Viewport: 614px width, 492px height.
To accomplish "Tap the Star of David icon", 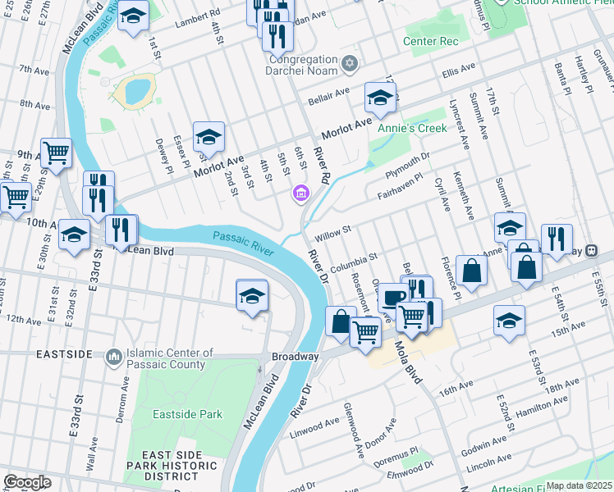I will (x=351, y=62).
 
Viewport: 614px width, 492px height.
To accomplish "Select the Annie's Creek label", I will (x=412, y=128).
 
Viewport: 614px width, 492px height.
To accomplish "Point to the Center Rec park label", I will (x=429, y=41).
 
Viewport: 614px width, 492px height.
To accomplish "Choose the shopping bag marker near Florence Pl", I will (x=472, y=270).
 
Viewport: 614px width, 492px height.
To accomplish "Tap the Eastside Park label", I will (x=187, y=414).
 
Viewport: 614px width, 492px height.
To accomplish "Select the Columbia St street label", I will (x=353, y=263).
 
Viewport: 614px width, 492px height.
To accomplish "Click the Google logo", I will (x=27, y=482).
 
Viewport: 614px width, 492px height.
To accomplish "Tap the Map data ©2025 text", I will (x=579, y=485).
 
